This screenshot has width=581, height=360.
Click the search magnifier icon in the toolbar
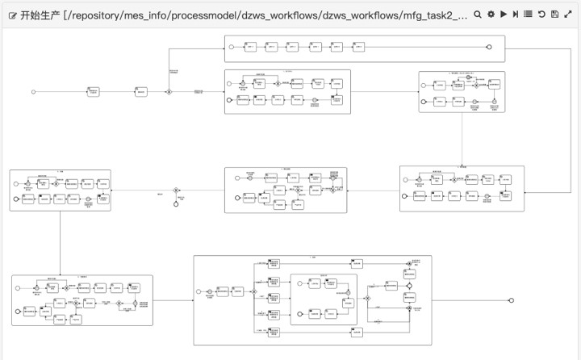coord(478,15)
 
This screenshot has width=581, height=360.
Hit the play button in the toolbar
coord(504,15)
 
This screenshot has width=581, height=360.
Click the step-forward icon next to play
coord(516,15)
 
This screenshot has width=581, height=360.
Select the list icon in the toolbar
coord(528,15)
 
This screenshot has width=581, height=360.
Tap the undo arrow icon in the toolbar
coord(541,15)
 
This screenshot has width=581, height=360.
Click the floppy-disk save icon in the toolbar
coord(554,15)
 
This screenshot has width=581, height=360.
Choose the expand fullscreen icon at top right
coord(567,15)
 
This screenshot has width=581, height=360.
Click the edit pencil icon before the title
coord(12,15)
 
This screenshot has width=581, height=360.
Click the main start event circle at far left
coord(33,92)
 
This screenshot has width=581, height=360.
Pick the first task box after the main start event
coord(94,92)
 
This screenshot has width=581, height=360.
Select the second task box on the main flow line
coord(140,92)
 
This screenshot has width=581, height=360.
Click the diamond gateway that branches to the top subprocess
coord(169,92)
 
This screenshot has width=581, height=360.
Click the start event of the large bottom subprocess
coord(199,291)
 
